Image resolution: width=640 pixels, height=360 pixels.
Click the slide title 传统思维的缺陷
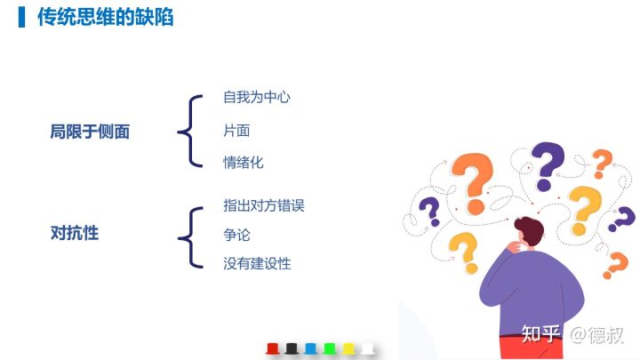pyautogui.click(x=105, y=17)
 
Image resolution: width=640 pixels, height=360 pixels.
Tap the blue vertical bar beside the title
pyautogui.click(x=21, y=17)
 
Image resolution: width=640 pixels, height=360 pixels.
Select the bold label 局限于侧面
pyautogui.click(x=90, y=132)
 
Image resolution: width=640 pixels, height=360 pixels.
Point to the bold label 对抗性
pyautogui.click(x=75, y=233)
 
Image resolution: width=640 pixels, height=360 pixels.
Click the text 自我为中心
pyautogui.click(x=257, y=97)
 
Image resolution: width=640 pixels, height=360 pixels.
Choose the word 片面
pyautogui.click(x=236, y=131)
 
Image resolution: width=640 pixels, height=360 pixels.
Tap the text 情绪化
pyautogui.click(x=244, y=163)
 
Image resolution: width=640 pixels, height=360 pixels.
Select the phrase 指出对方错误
pyautogui.click(x=264, y=205)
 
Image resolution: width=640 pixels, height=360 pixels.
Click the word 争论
pyautogui.click(x=236, y=235)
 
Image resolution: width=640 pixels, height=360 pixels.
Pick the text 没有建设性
pyautogui.click(x=257, y=263)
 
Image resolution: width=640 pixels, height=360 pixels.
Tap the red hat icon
pyautogui.click(x=272, y=349)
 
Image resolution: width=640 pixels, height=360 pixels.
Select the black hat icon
pyautogui.click(x=292, y=349)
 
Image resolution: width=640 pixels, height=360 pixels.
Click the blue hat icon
pyautogui.click(x=310, y=349)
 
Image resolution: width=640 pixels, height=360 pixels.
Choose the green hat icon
pyautogui.click(x=330, y=349)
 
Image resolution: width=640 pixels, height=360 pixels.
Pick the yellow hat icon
pyautogui.click(x=348, y=349)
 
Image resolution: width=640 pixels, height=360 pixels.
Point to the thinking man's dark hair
pyautogui.click(x=531, y=228)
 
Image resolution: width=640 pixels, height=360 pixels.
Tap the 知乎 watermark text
pyautogui.click(x=540, y=334)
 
